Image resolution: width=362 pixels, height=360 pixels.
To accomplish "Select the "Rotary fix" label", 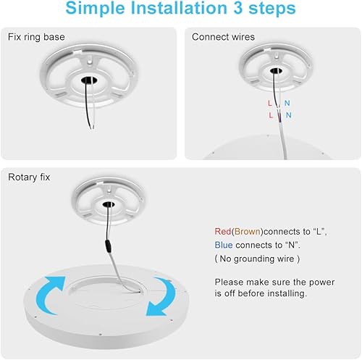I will [30, 177].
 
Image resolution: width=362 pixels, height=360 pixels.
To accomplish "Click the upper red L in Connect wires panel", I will [270, 104].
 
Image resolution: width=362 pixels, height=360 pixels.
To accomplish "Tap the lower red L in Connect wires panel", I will [271, 115].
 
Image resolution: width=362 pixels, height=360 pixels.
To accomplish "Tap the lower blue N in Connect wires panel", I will [289, 115].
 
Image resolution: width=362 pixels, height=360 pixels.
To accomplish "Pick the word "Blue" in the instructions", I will [224, 245].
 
